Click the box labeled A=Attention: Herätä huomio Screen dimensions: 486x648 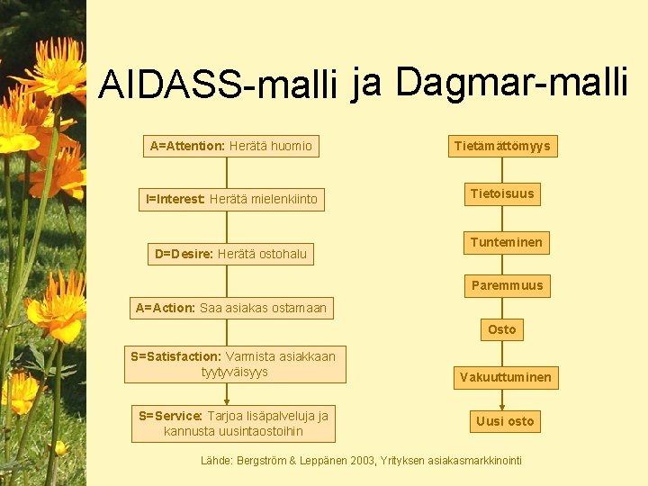click(230, 146)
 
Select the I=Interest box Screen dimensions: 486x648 click(231, 199)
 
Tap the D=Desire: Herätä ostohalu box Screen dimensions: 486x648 click(230, 254)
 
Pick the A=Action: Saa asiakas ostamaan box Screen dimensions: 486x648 click(231, 308)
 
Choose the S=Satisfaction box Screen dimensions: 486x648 click(232, 364)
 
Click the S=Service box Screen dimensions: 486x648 click(233, 423)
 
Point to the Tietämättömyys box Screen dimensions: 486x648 click(502, 146)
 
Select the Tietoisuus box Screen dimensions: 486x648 click(502, 193)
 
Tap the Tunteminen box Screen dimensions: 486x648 click(506, 242)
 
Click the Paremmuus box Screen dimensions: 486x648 click(507, 285)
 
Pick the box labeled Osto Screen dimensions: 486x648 click(502, 329)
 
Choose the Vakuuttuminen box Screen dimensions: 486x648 click(506, 377)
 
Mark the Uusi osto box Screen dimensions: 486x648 click(505, 421)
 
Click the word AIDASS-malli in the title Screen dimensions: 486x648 click(218, 85)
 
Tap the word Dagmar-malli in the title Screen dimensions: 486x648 click(511, 82)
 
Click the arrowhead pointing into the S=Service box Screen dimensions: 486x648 click(227, 401)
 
